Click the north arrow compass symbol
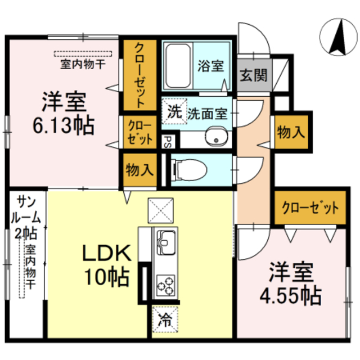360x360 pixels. click(x=339, y=37)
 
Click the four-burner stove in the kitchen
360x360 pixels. click(x=167, y=285)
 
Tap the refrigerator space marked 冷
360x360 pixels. click(x=165, y=320)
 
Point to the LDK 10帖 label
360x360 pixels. click(x=107, y=264)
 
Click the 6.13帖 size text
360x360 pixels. click(x=64, y=125)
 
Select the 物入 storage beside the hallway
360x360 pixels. click(x=290, y=133)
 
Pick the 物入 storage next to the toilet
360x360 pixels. click(x=139, y=169)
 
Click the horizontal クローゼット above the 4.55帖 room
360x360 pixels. click(x=310, y=208)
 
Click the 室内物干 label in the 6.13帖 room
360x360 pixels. click(x=83, y=64)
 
